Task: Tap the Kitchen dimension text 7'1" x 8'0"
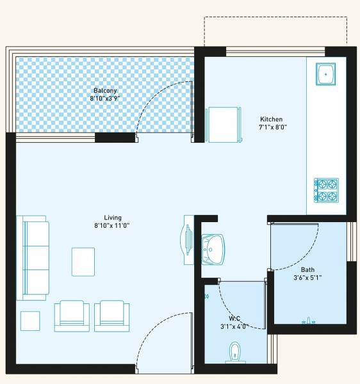[x=273, y=127]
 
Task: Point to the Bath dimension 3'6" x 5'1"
[x=307, y=277]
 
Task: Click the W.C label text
[x=234, y=318]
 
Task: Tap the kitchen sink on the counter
[x=326, y=75]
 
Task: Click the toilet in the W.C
[x=235, y=353]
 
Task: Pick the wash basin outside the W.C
[x=212, y=246]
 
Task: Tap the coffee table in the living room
[x=83, y=261]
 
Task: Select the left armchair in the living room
[x=72, y=316]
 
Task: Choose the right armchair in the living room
[x=112, y=316]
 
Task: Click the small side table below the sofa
[x=30, y=320]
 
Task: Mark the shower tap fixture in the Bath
[x=309, y=320]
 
